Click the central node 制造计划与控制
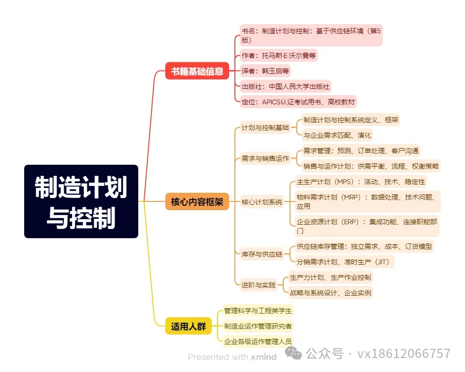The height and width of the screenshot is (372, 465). (x=81, y=201)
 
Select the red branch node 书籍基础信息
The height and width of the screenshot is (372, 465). (x=197, y=72)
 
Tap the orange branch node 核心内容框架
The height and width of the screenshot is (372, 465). (x=197, y=201)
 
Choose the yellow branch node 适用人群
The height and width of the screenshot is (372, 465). (x=188, y=327)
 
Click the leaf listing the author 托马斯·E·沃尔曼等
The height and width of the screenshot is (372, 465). (x=278, y=55)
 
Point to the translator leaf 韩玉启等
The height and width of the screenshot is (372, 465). (x=265, y=71)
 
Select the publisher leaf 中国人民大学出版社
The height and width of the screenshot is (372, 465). (x=285, y=86)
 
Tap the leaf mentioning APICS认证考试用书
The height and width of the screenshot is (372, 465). (x=298, y=101)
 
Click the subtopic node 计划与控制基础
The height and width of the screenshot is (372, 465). (x=265, y=128)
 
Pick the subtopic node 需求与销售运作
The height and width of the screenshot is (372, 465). (x=265, y=158)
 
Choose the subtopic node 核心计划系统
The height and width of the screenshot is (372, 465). (x=262, y=202)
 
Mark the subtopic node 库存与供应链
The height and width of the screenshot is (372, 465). (x=262, y=254)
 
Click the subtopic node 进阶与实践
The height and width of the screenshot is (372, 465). (x=258, y=285)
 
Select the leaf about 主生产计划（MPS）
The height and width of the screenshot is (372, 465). (x=361, y=182)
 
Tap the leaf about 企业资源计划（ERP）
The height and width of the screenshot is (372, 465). (x=367, y=226)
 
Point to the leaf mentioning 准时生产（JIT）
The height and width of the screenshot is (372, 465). (x=345, y=262)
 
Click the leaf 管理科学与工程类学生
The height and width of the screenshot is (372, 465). (x=258, y=310)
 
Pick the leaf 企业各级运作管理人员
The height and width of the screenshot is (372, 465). (x=258, y=341)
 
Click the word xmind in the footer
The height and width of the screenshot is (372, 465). (x=263, y=357)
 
